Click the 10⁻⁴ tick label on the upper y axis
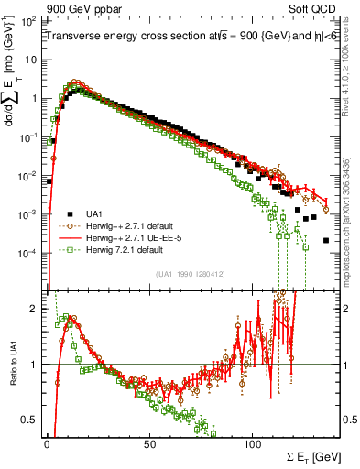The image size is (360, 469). [x=28, y=252]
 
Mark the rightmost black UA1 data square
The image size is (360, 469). [x=326, y=240]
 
